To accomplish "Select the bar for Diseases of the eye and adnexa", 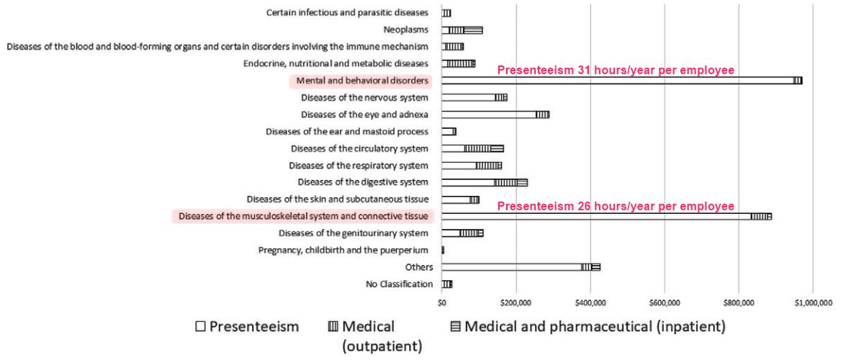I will [x=495, y=114].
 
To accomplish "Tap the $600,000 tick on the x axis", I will [x=665, y=302].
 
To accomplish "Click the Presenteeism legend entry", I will [x=247, y=327].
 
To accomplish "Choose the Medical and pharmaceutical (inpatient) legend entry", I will [x=588, y=327].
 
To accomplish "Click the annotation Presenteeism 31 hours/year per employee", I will [x=616, y=71].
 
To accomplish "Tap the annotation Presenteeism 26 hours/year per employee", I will [x=616, y=206].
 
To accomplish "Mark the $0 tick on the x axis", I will [x=442, y=302].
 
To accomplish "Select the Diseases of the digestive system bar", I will [x=485, y=182].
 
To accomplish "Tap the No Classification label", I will [x=400, y=284].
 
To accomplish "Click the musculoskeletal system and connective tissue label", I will [x=304, y=216].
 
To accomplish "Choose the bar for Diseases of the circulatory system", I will [x=472, y=148].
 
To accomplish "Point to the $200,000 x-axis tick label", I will [x=516, y=302].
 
